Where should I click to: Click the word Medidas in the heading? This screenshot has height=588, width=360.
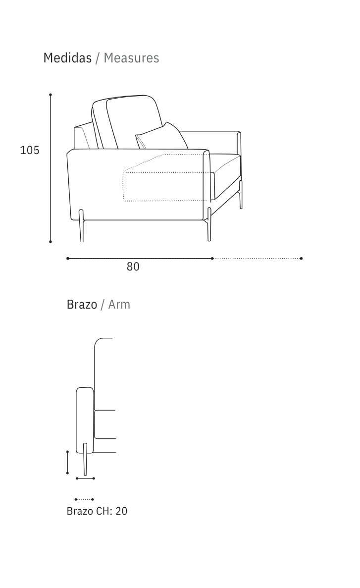tap(67, 58)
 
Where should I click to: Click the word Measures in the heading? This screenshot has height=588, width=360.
tap(131, 58)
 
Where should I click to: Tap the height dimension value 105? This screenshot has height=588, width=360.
tap(30, 150)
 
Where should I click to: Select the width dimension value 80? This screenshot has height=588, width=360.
tap(133, 267)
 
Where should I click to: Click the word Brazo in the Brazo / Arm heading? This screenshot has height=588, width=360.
tap(82, 305)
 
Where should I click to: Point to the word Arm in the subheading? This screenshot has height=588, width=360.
tap(119, 305)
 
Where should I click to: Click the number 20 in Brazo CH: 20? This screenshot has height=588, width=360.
tap(121, 511)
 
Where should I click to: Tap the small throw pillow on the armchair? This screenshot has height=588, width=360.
tap(162, 138)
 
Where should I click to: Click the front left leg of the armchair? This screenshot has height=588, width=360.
tap(81, 226)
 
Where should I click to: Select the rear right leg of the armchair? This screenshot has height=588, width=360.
tap(241, 194)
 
